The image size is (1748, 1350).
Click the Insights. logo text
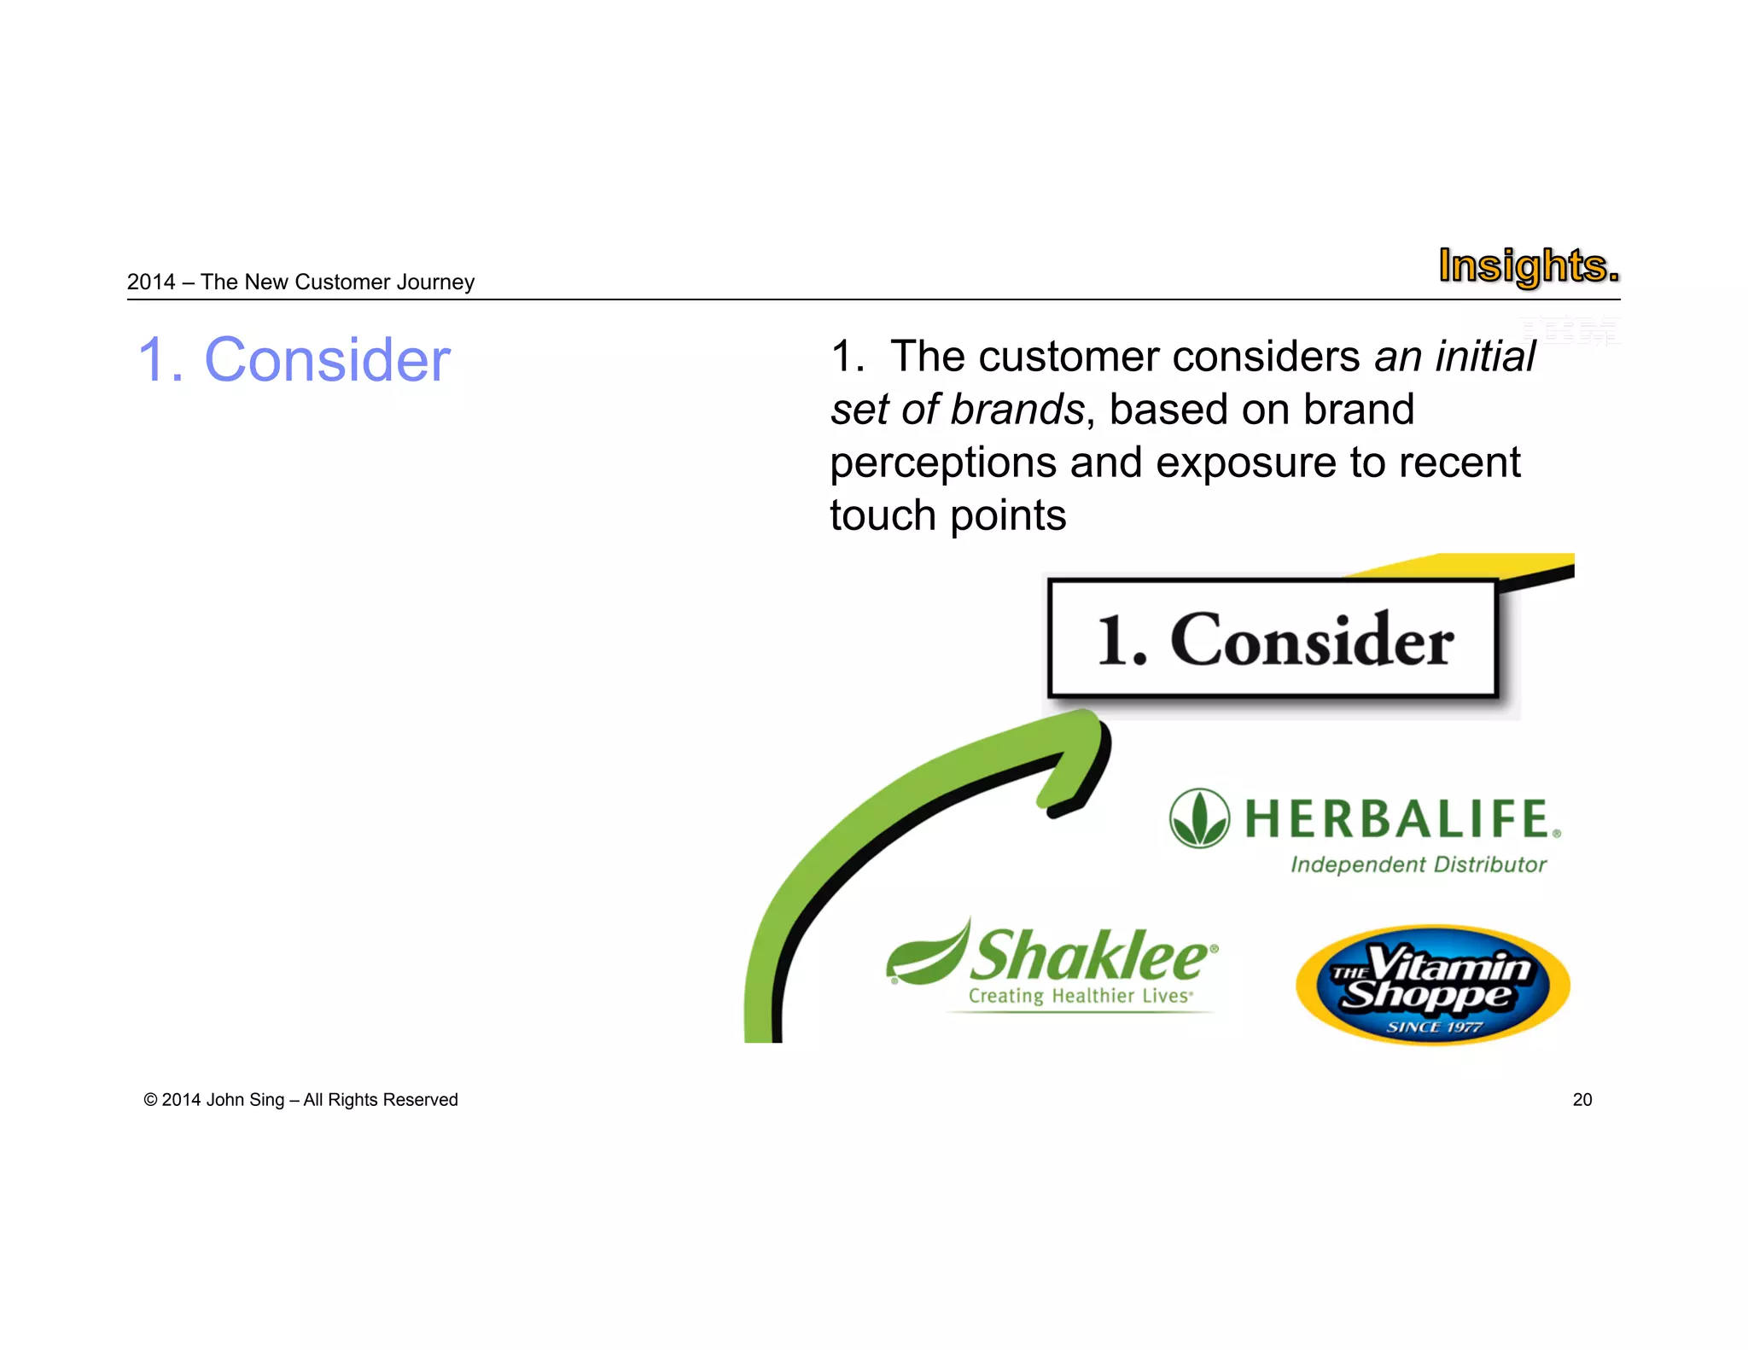[1528, 266]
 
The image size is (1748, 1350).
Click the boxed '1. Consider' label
[1273, 640]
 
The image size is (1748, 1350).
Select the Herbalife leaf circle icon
[1199, 818]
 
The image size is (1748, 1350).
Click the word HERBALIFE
[1397, 818]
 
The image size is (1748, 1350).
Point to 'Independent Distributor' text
[1418, 864]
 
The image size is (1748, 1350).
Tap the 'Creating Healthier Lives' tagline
[1080, 996]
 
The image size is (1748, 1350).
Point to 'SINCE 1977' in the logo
[1434, 1027]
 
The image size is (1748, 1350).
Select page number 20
[1582, 1100]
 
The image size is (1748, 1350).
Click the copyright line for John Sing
[300, 1100]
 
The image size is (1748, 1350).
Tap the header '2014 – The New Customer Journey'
[300, 282]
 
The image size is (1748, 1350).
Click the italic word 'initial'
[1485, 357]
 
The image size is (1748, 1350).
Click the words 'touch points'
[947, 515]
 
